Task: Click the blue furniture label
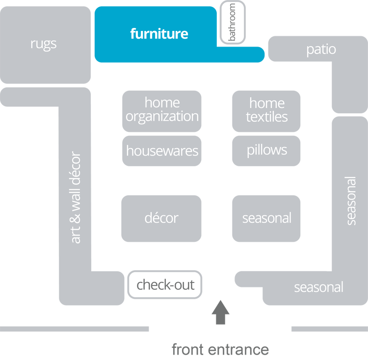click(x=159, y=34)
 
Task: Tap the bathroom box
click(x=232, y=23)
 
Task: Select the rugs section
click(x=44, y=44)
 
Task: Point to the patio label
click(x=321, y=49)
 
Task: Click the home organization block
click(x=162, y=110)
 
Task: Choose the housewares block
click(x=162, y=151)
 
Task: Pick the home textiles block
click(x=266, y=110)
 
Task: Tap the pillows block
click(x=266, y=150)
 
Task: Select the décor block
click(x=161, y=218)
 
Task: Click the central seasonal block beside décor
click(x=266, y=218)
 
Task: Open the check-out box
click(x=165, y=284)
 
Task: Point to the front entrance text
click(x=220, y=350)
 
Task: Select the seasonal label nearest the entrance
click(x=318, y=287)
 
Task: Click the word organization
click(x=162, y=117)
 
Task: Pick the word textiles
click(x=266, y=117)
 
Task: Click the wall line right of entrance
click(x=329, y=329)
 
